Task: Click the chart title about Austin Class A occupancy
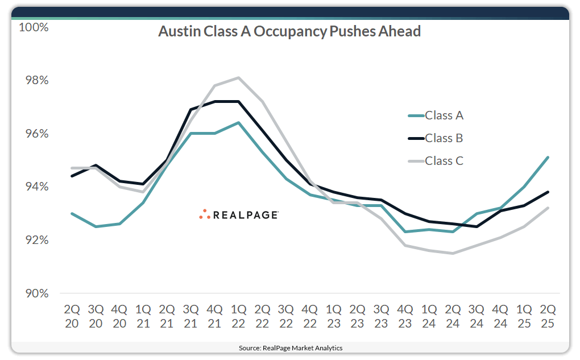pos(289,31)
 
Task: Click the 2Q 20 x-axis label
pos(72,316)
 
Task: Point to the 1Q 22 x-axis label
pos(238,316)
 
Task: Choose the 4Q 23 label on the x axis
pos(405,316)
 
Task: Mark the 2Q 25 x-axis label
pos(547,316)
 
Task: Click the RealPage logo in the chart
pos(239,214)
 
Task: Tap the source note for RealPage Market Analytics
pos(290,347)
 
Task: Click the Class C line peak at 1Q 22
pos(238,77)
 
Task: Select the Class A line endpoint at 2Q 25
pos(547,158)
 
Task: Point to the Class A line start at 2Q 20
pos(72,213)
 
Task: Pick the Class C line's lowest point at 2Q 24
pos(452,253)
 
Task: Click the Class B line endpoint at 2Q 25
pos(547,192)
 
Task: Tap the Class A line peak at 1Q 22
pos(238,122)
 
